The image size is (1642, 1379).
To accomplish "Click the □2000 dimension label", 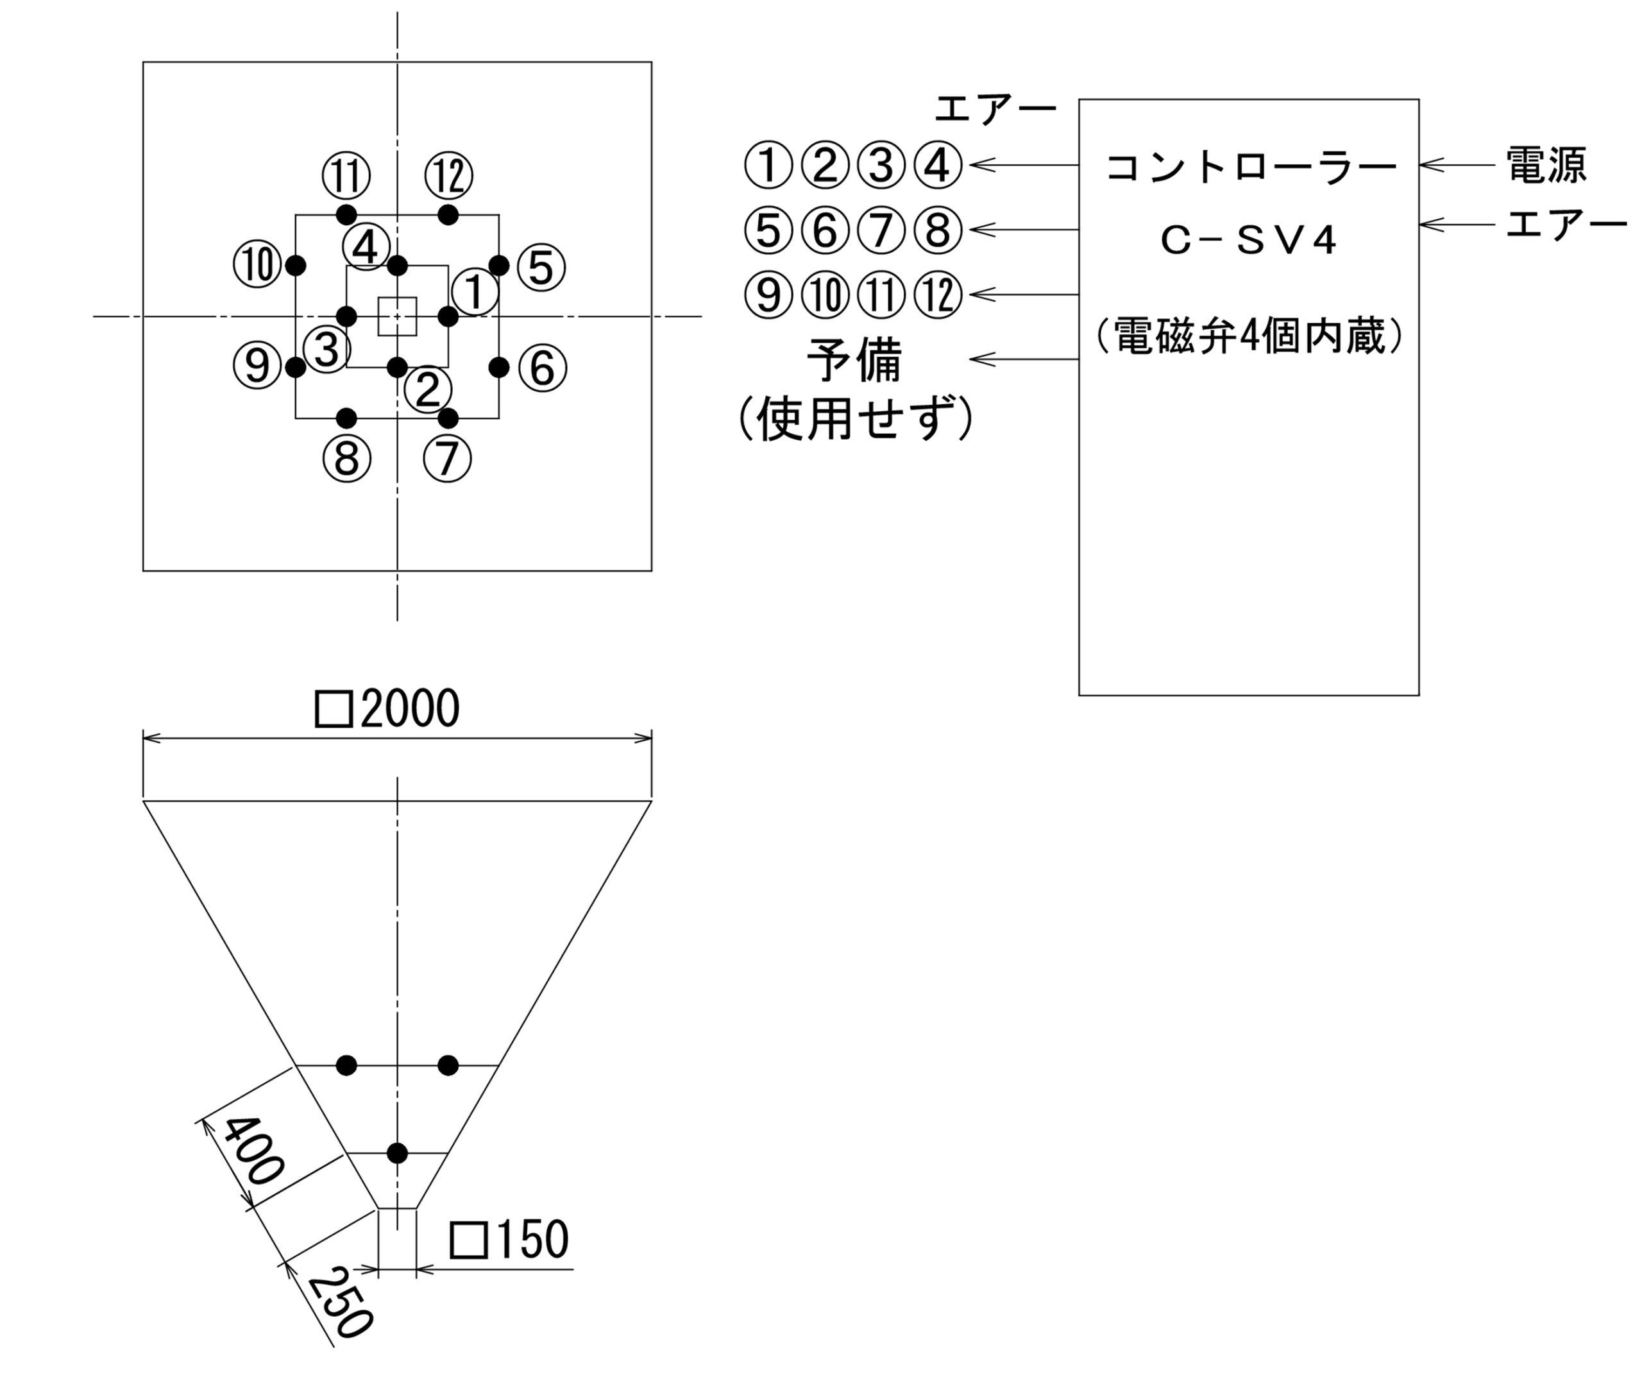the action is tap(387, 708).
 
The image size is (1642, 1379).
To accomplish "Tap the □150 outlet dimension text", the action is tap(509, 1240).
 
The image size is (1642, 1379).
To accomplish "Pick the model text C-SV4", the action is tap(1249, 241).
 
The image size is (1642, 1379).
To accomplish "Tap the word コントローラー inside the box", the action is tap(1251, 167).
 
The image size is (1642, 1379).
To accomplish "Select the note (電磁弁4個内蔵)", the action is tap(1249, 336).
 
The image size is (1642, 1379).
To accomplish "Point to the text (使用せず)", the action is tap(856, 418).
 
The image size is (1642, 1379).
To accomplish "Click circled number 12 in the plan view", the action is tap(449, 175).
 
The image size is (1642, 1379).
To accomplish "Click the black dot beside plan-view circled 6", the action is tap(499, 367).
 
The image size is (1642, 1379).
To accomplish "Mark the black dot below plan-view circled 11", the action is tap(346, 215).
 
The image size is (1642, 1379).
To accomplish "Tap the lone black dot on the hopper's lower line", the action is tap(397, 1153).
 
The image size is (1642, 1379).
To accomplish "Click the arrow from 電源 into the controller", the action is tap(1457, 165).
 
